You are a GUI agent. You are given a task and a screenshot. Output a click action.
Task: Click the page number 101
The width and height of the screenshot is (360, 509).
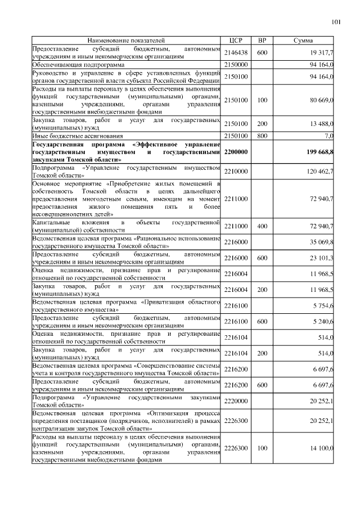[336, 22]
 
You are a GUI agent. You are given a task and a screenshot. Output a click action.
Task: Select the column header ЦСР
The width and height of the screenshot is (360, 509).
[235, 40]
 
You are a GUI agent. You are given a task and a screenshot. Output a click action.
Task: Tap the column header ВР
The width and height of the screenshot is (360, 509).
[262, 40]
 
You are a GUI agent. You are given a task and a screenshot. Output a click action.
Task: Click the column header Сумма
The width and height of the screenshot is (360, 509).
[304, 40]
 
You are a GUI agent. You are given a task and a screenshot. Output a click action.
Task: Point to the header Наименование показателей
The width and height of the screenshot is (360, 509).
[126, 40]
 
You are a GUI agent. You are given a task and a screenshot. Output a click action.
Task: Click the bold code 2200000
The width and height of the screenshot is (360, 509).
[237, 152]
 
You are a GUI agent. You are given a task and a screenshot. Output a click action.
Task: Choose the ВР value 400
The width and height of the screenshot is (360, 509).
[262, 226]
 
